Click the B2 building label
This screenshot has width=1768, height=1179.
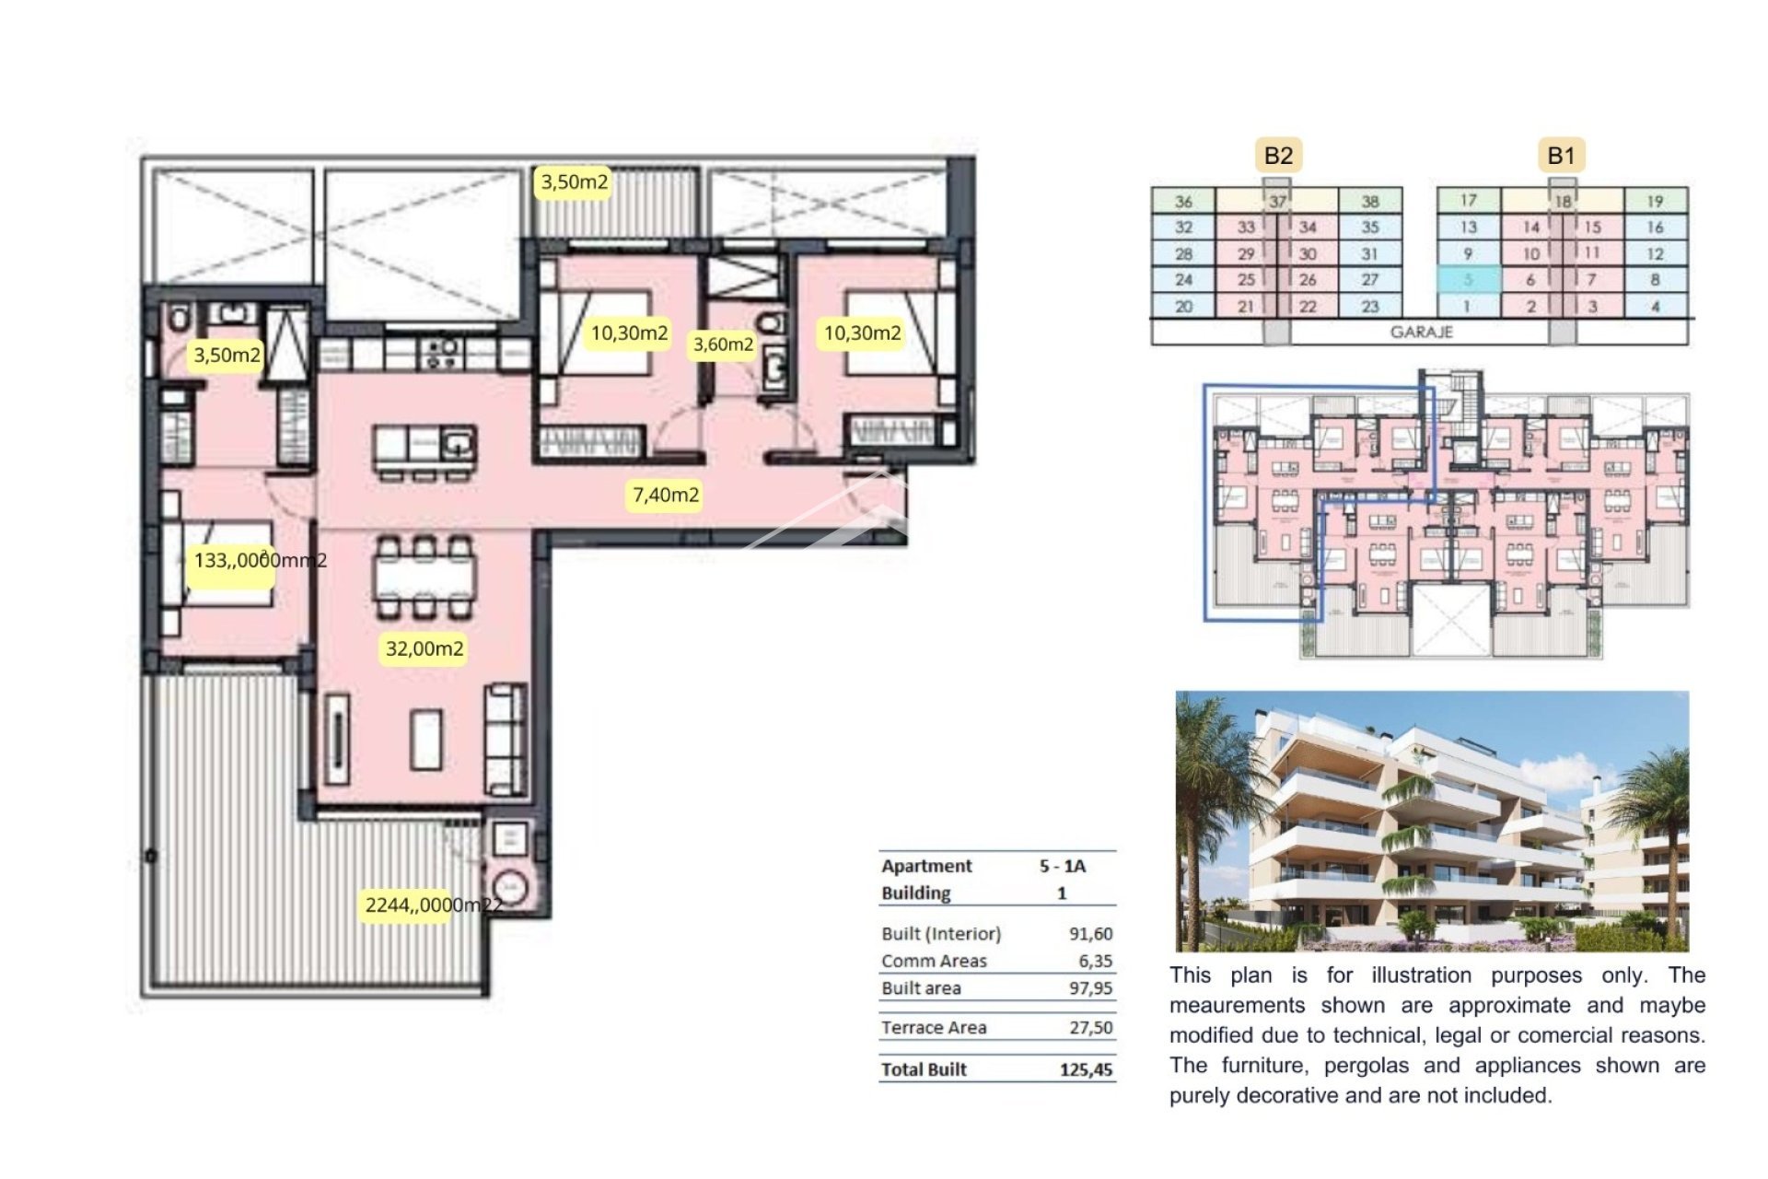click(x=1278, y=156)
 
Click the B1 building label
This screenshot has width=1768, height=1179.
click(x=1561, y=156)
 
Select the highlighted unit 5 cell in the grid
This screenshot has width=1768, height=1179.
click(x=1468, y=279)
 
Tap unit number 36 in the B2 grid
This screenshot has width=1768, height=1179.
click(x=1183, y=201)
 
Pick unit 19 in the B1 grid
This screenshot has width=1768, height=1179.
click(x=1655, y=201)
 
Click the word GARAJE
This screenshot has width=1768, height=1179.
click(x=1421, y=332)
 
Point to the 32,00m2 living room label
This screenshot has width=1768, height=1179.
click(x=425, y=648)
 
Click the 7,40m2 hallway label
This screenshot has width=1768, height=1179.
click(x=666, y=496)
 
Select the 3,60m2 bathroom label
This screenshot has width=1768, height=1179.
click(x=723, y=344)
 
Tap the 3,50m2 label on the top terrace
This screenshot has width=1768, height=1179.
click(x=575, y=182)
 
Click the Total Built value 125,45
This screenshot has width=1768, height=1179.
click(x=1086, y=1070)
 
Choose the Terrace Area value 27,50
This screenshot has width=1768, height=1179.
click(x=1090, y=1028)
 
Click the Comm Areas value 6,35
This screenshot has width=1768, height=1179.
click(x=1095, y=962)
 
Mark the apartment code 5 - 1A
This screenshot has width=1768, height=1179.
click(x=1062, y=866)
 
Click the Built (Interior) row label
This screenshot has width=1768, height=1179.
click(x=940, y=934)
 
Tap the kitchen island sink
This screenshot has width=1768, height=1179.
click(x=457, y=447)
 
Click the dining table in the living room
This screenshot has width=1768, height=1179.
click(x=425, y=578)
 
